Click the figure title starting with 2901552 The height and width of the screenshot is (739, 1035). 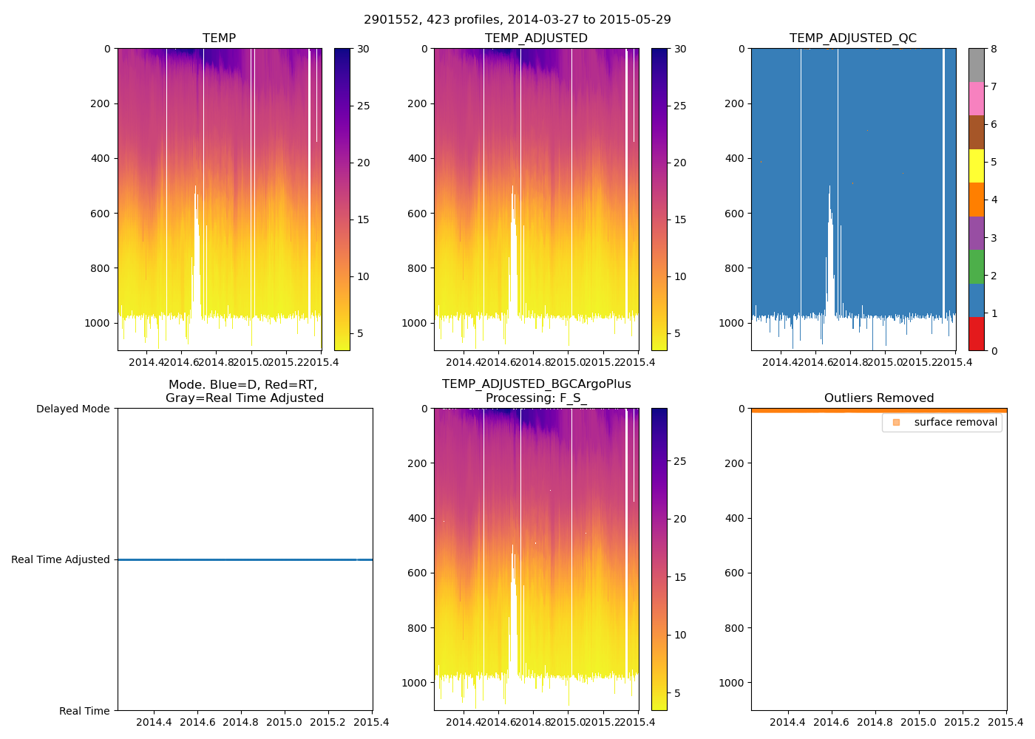[x=517, y=20]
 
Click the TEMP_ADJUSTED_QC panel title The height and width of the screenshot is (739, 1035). [x=852, y=38]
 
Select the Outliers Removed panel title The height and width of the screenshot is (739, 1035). [x=879, y=398]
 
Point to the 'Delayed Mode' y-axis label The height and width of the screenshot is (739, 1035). [x=72, y=409]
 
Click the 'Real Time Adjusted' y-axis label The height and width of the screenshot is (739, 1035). [x=60, y=559]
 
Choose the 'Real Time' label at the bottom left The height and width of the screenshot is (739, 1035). [x=84, y=711]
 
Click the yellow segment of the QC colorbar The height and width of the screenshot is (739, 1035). [x=976, y=166]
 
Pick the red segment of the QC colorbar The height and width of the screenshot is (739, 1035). [x=976, y=334]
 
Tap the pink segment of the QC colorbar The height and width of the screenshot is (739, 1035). [x=976, y=98]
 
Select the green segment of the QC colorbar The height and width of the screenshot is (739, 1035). [x=976, y=267]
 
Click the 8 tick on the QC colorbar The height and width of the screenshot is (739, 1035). [x=994, y=49]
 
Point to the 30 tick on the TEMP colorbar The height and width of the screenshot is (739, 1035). [x=363, y=49]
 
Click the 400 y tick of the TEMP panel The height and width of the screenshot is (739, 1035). [x=101, y=158]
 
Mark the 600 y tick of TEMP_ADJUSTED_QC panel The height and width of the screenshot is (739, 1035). [x=734, y=214]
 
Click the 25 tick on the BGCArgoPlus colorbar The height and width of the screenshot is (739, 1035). [x=679, y=461]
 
